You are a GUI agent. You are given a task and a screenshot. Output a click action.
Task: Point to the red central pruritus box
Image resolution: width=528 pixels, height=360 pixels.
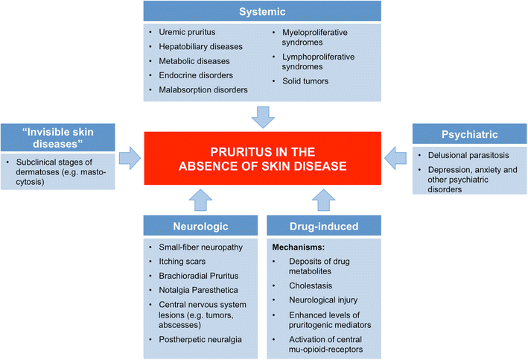point(263,158)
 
